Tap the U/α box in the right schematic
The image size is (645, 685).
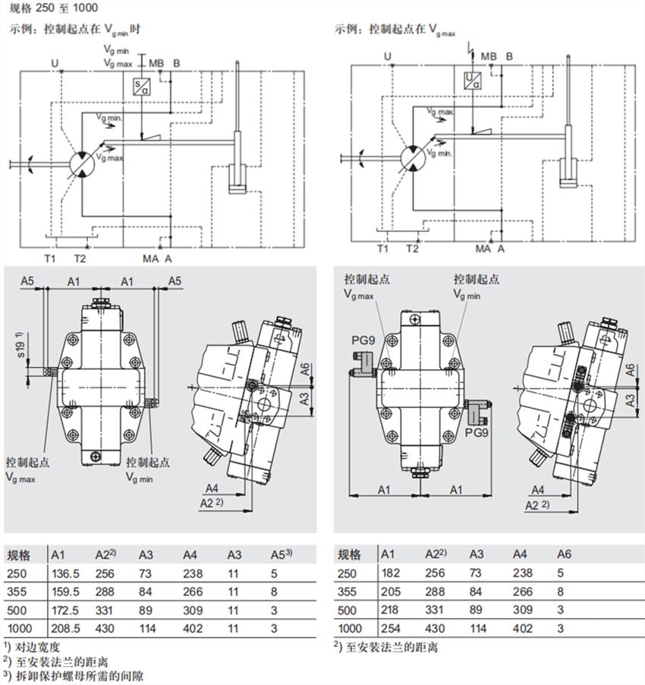(472, 80)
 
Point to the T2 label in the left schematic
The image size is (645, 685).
(81, 259)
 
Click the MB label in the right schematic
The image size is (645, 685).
(489, 56)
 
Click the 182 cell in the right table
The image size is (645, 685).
(389, 574)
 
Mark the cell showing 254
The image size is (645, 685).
(389, 629)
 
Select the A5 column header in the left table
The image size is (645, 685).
(282, 555)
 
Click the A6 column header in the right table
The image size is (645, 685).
(563, 555)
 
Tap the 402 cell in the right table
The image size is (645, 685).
(522, 629)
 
